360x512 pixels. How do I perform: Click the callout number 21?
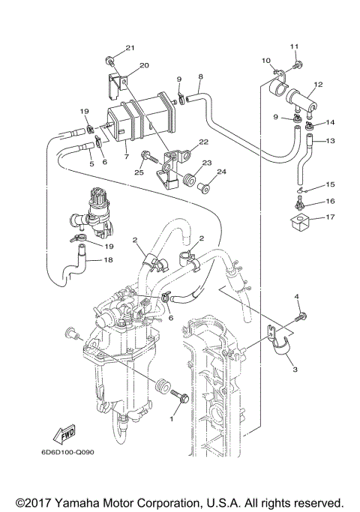point(129,48)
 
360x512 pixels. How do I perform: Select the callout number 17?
point(331,218)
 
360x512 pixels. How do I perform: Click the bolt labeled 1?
point(179,395)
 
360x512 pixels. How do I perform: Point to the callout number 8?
point(201,77)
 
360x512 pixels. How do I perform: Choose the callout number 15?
point(331,184)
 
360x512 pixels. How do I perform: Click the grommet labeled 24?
point(201,183)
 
